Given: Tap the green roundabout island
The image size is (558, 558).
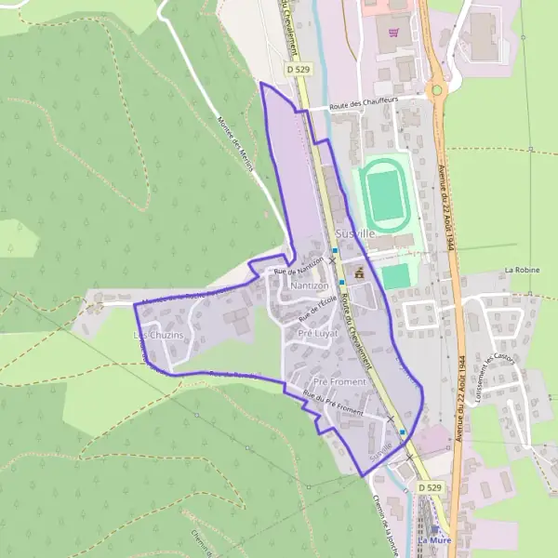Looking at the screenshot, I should (434, 89).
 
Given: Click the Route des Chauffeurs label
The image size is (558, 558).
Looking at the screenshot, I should (365, 107).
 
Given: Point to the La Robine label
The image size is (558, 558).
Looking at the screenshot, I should (522, 270).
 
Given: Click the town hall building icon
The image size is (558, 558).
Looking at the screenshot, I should (357, 272).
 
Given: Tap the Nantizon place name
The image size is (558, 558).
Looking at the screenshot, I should (310, 286).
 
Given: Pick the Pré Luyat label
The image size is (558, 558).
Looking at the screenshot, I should (316, 332).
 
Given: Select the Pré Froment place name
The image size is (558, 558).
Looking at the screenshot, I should (339, 381).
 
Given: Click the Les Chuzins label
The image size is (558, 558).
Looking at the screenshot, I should (159, 334).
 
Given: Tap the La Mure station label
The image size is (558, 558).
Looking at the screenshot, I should (434, 541).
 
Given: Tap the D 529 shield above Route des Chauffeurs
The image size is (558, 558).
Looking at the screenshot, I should (297, 69).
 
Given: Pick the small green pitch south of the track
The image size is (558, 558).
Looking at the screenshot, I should (396, 276).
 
